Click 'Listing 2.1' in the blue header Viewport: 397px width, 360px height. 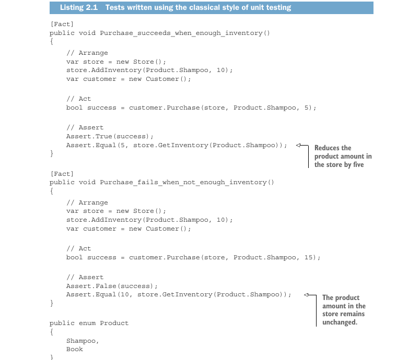(79, 7)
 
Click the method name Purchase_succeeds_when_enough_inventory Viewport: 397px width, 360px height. (181, 33)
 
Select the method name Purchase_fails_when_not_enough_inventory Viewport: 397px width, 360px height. (183, 182)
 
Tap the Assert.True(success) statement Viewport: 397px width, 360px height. (110, 137)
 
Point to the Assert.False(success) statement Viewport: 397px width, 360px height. (112, 286)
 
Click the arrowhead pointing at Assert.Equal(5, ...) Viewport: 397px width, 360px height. (298, 145)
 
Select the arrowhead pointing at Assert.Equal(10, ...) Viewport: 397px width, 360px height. (306, 295)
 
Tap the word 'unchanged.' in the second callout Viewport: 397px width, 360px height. (340, 322)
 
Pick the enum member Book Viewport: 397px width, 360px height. (75, 349)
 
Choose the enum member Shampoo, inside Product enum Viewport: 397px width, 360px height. (83, 341)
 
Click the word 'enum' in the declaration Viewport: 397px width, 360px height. (87, 323)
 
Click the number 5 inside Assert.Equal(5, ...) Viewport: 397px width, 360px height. (123, 145)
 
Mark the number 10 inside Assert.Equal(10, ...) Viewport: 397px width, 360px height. (124, 295)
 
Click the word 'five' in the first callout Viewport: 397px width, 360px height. (358, 164)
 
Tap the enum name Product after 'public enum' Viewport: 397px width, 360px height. (114, 323)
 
